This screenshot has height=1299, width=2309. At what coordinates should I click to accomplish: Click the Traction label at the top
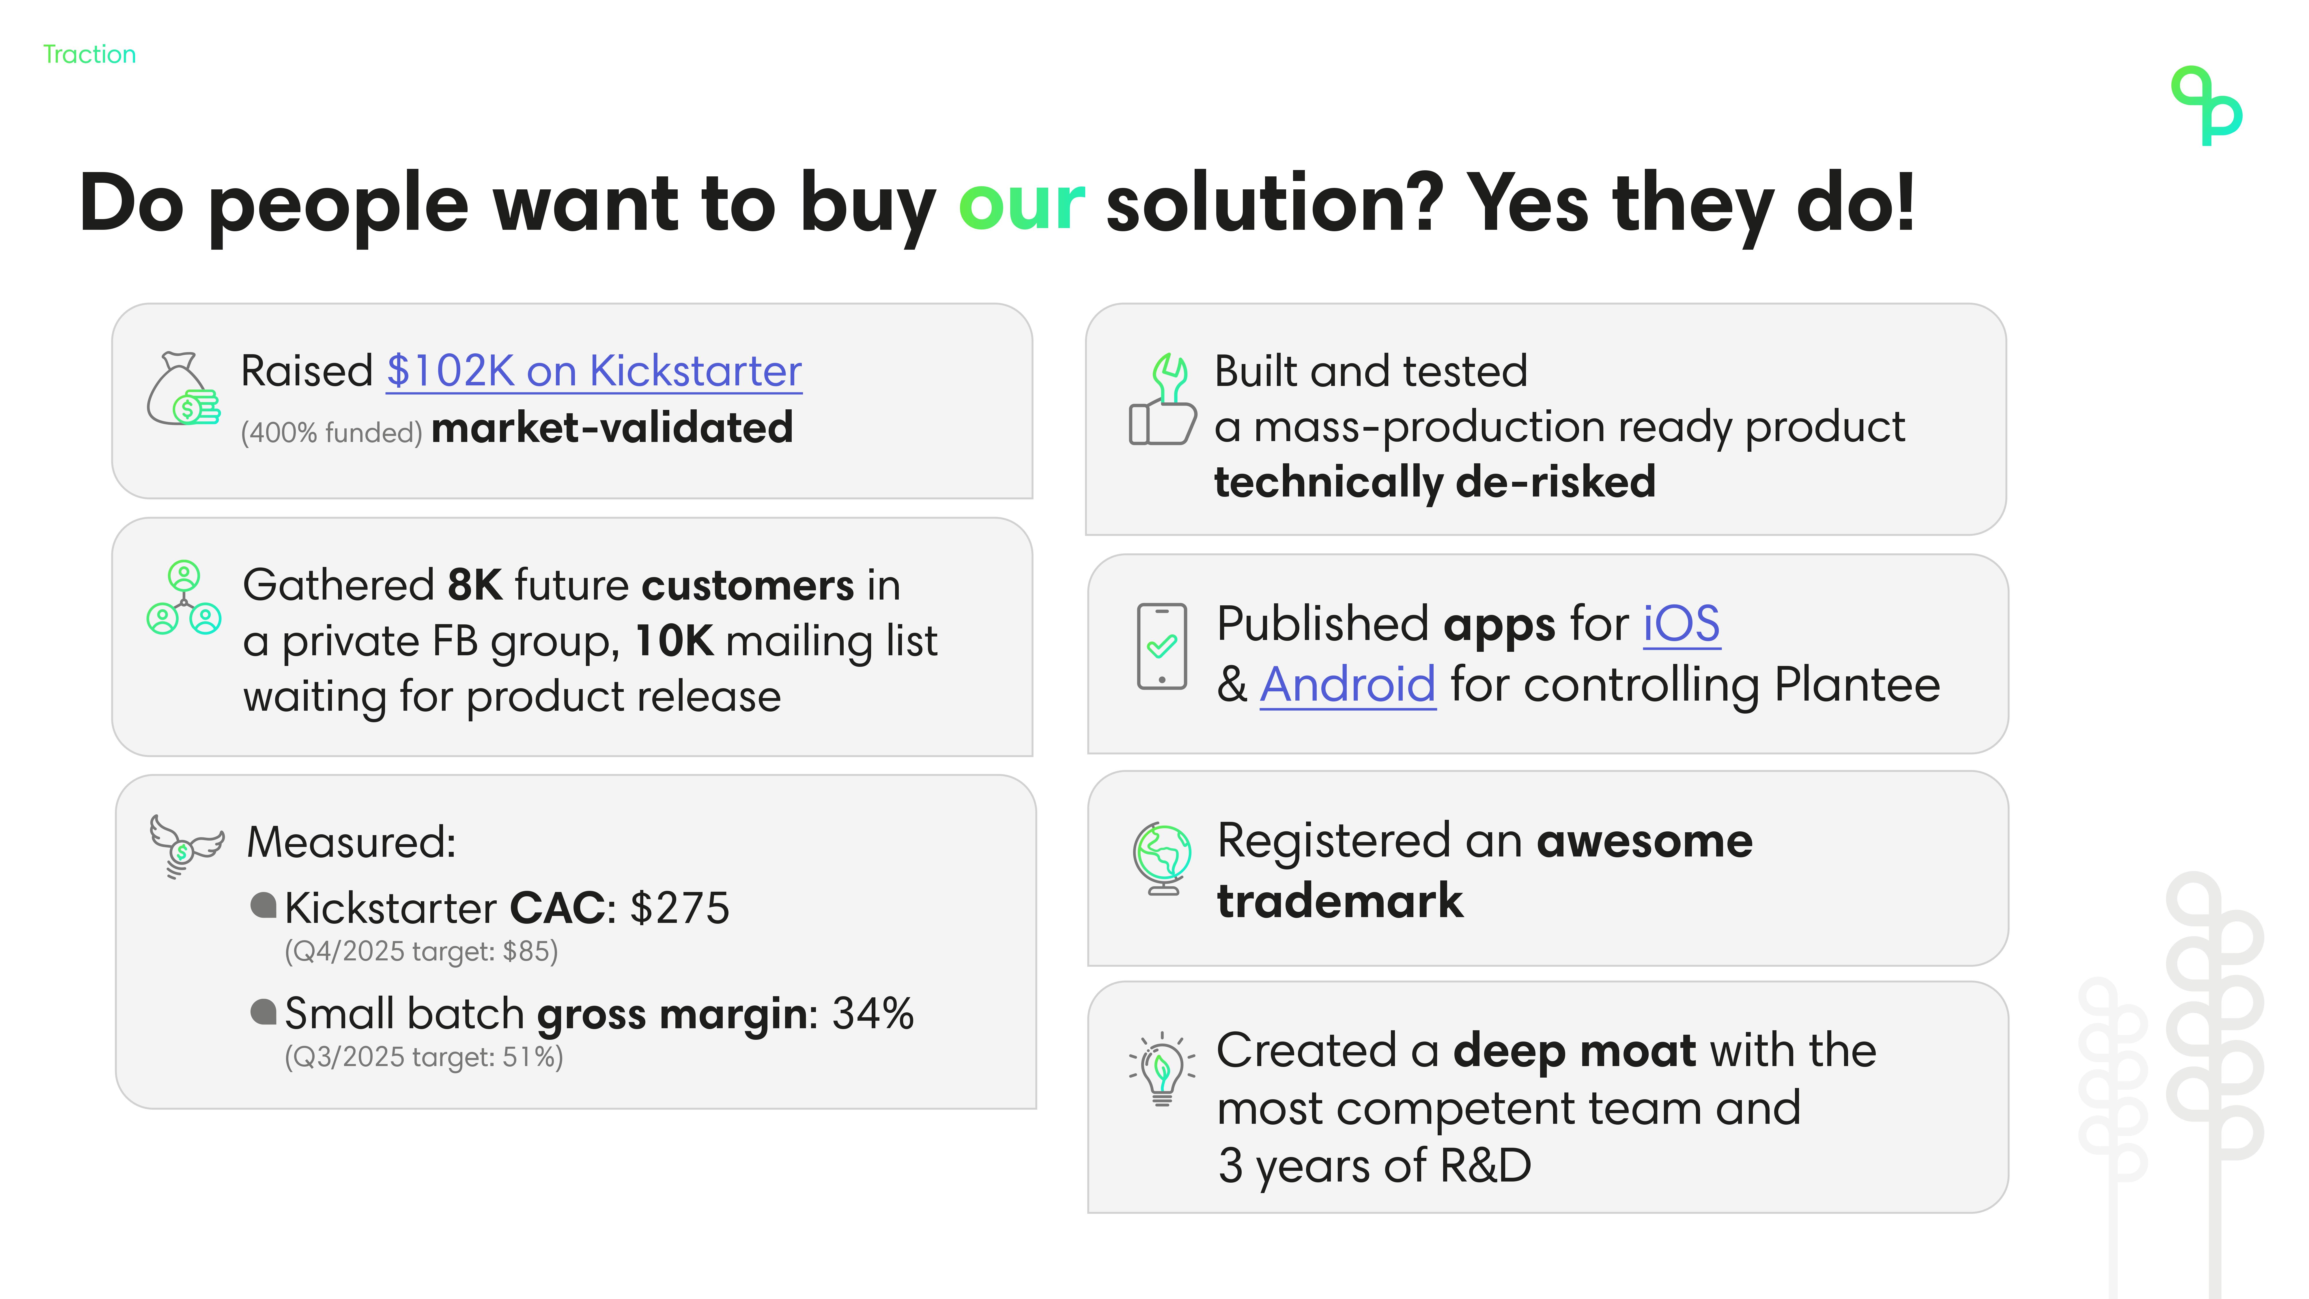click(90, 55)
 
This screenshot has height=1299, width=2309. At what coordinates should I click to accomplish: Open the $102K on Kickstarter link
click(593, 371)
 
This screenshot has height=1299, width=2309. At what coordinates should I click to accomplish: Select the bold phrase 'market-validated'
click(612, 428)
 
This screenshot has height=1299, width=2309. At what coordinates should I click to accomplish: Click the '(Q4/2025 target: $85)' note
click(421, 951)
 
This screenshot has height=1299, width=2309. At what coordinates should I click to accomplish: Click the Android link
click(1348, 685)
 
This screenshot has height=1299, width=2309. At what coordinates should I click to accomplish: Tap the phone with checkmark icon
click(1162, 646)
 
